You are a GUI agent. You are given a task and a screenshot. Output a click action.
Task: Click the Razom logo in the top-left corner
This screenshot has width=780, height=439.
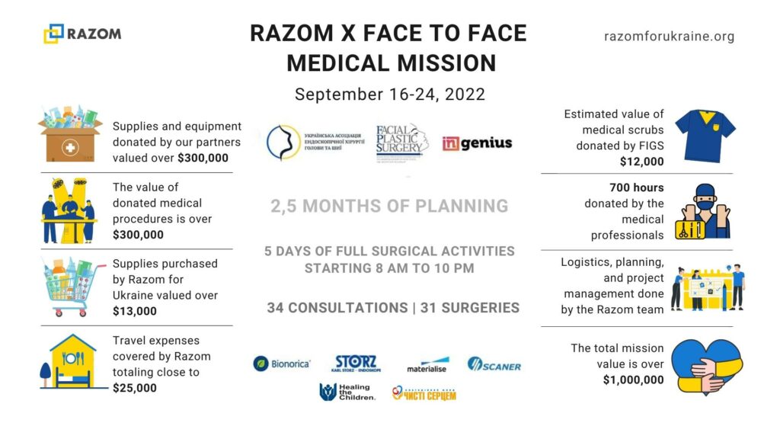click(x=82, y=34)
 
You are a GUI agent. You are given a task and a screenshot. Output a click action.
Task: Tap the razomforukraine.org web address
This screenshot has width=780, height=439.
click(x=669, y=36)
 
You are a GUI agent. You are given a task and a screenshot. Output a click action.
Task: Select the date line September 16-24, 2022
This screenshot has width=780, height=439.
click(x=389, y=95)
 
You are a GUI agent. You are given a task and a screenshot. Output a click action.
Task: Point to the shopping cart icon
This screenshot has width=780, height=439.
click(x=69, y=287)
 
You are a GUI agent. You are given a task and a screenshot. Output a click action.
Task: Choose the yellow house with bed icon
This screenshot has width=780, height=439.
click(x=69, y=363)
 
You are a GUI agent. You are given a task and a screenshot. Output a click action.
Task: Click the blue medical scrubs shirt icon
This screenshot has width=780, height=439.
click(x=705, y=134)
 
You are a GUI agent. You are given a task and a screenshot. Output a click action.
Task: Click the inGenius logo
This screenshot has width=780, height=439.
click(x=477, y=143)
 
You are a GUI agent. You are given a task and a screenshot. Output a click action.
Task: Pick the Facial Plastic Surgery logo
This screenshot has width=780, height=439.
click(x=402, y=143)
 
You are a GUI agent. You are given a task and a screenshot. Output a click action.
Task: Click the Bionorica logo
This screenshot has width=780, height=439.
click(x=282, y=364)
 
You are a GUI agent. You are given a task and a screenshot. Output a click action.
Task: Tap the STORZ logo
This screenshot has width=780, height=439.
click(x=356, y=364)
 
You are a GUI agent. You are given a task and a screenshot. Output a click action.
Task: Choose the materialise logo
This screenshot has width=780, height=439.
click(x=427, y=365)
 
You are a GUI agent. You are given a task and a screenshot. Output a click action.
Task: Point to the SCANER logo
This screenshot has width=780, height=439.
click(x=494, y=365)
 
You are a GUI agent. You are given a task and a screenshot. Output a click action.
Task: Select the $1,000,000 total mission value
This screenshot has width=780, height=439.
click(x=633, y=380)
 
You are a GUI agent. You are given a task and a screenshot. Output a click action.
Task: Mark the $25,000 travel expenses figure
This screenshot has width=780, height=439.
click(x=135, y=387)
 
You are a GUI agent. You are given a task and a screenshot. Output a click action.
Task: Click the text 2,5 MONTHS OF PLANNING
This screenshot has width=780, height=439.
click(x=388, y=206)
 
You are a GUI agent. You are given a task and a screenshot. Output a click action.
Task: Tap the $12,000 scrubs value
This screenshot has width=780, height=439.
click(x=641, y=161)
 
